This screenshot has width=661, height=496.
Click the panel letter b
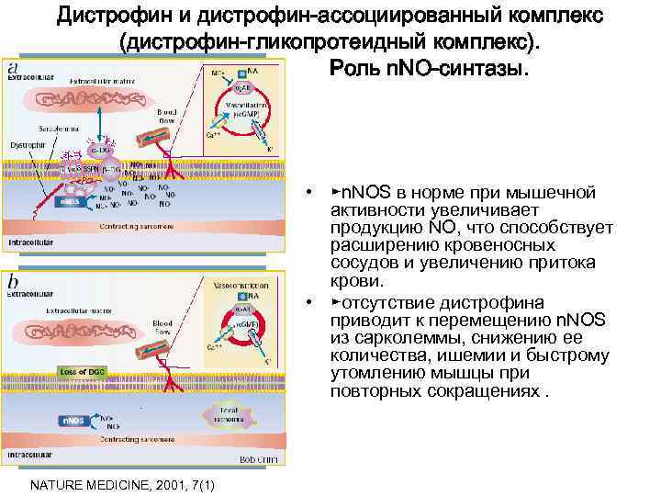[x=13, y=281]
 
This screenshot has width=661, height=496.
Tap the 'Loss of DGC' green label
[x=84, y=371]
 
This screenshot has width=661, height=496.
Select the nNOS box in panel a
[x=70, y=201]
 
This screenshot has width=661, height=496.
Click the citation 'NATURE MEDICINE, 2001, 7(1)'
[x=123, y=484]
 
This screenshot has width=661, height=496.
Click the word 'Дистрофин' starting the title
[x=109, y=17]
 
